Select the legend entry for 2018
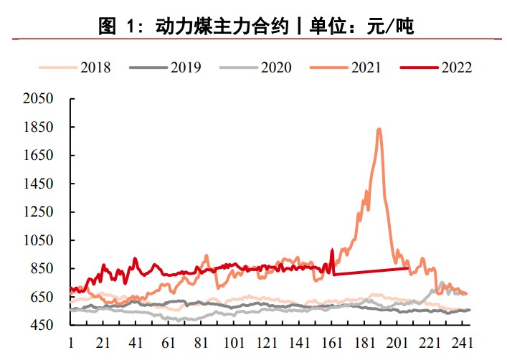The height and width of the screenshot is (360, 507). click(80, 67)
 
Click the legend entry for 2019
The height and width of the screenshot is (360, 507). click(171, 67)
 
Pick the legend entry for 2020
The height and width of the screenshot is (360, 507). click(261, 67)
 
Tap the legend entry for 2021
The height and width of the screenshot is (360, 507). click(351, 67)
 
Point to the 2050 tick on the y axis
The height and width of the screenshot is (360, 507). click(39, 99)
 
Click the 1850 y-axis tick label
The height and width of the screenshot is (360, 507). click(39, 128)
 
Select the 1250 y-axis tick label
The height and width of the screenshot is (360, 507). click(39, 212)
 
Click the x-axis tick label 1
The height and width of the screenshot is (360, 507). click(70, 342)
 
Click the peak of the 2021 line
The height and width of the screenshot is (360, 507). click(379, 129)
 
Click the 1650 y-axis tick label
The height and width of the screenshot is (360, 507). click(39, 156)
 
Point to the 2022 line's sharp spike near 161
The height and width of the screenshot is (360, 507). click(332, 250)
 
